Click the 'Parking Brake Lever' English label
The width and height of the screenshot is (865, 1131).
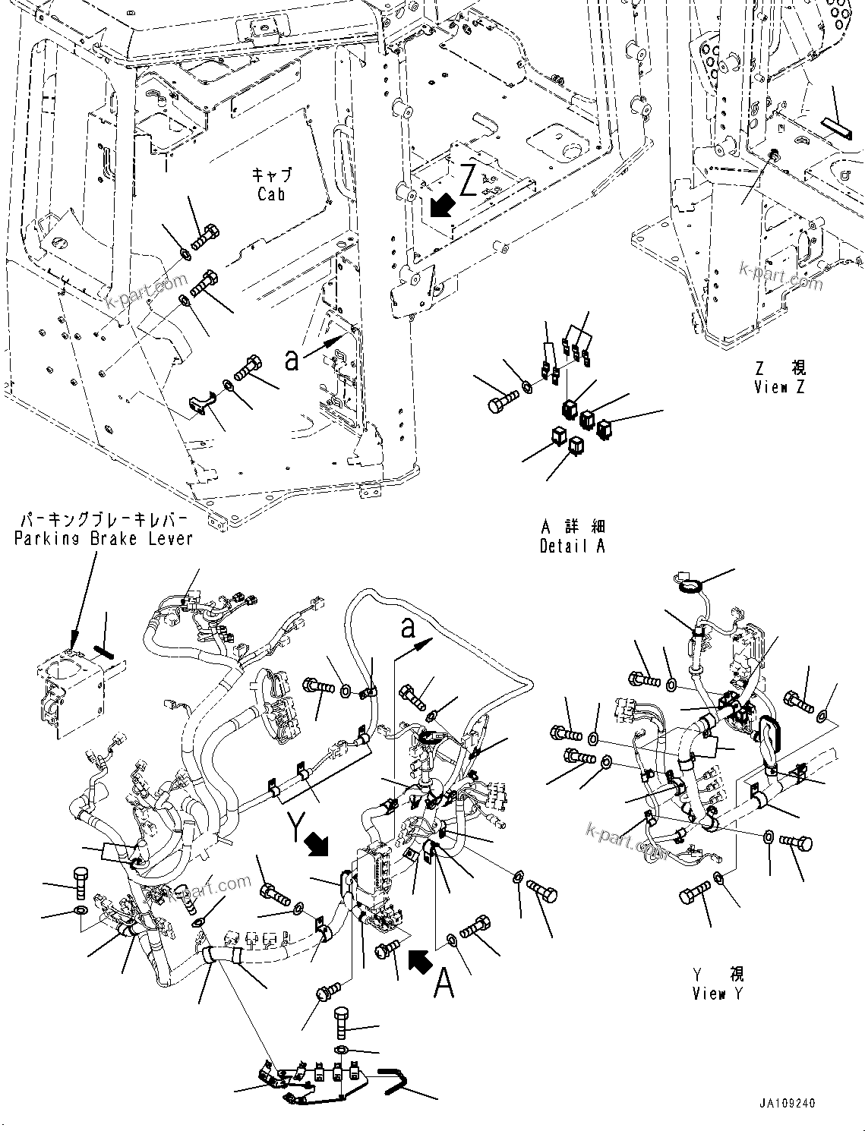103,538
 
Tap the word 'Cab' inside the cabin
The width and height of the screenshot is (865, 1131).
271,194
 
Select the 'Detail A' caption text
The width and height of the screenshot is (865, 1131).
573,546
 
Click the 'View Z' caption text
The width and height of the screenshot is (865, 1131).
779,387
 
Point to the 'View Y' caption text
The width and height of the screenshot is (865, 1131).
718,993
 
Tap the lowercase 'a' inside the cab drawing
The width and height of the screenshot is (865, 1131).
291,361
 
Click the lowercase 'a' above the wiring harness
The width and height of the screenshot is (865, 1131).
409,629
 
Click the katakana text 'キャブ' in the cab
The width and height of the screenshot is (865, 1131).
271,175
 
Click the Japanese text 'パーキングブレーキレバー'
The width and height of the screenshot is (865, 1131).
103,521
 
